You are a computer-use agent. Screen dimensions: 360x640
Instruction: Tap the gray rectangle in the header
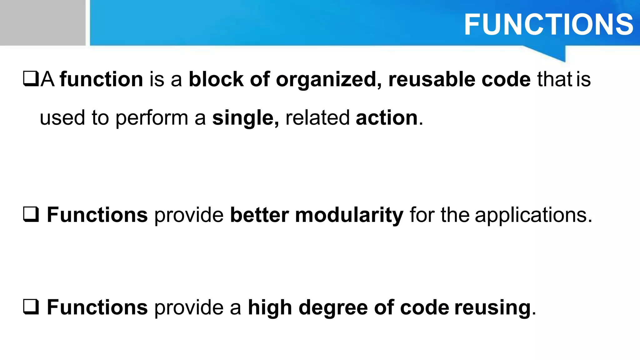coord(42,22)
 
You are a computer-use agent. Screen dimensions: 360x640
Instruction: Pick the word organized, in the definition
coord(328,80)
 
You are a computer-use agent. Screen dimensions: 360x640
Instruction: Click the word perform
coord(152,118)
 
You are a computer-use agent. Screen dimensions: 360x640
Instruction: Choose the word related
coord(317,118)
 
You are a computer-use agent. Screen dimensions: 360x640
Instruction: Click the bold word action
coord(387,118)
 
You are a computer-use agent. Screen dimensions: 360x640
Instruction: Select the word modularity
coord(349,215)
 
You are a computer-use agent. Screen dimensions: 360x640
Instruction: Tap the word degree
coord(333,308)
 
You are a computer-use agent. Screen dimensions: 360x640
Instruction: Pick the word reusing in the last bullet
coord(492,308)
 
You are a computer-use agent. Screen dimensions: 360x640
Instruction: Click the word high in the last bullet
coord(270,308)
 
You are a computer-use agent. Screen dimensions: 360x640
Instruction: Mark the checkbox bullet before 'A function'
coord(31,79)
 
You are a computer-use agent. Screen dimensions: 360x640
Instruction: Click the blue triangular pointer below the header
coord(553,52)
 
